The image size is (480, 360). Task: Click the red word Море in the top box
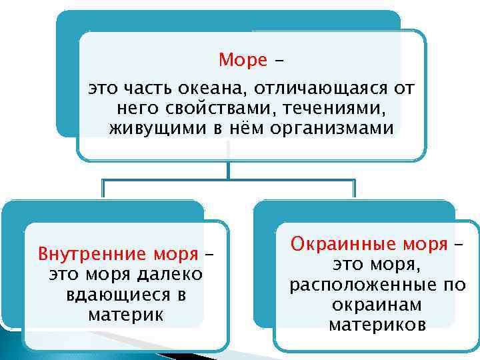tap(243, 61)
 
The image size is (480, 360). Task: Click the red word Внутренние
tap(82, 255)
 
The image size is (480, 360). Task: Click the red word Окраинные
tap(334, 245)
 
